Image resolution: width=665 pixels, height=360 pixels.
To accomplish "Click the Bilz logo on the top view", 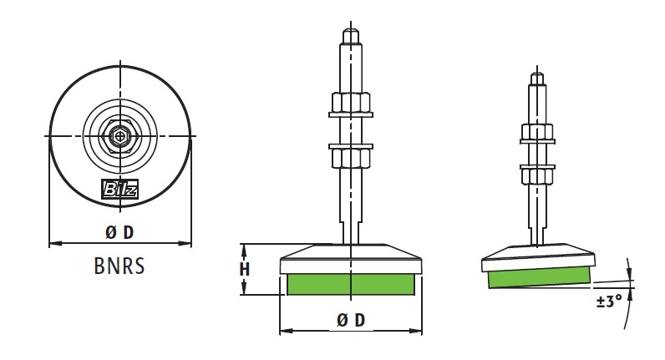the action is coord(120,189).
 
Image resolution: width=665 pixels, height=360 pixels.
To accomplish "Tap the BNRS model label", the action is coord(119,266).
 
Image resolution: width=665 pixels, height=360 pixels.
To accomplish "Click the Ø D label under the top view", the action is coord(119,232).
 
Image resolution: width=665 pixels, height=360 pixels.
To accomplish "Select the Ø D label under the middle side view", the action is coord(351,320).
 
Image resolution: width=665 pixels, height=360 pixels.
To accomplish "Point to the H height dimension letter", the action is coord(244,269).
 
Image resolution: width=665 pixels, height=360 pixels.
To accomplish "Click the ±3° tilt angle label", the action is coord(609,301).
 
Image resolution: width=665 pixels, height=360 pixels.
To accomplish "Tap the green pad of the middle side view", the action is coord(351,284).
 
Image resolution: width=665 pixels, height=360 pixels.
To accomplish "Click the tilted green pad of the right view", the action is coord(539,277).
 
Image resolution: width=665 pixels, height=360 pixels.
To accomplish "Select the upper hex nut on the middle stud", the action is coord(351,104).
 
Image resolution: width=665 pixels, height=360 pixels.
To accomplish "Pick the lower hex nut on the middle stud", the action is coord(351,155).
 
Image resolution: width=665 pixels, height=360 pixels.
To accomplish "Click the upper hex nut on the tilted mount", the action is coord(537,133).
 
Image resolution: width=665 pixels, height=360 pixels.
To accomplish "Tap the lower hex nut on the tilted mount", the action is coord(537,175).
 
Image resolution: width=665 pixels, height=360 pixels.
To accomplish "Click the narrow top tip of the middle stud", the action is coord(351,36).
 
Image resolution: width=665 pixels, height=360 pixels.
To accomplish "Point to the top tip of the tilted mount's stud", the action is coord(537,79).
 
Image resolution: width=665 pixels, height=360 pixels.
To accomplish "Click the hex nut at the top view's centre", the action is coord(119,136).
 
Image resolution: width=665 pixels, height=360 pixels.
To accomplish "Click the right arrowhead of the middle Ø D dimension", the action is coord(416,331).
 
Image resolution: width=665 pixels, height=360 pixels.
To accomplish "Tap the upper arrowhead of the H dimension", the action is coord(243,250).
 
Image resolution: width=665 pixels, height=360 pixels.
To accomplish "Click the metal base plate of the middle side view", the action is coord(352,259).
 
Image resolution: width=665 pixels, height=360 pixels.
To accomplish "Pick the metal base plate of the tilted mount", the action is coord(538,257).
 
